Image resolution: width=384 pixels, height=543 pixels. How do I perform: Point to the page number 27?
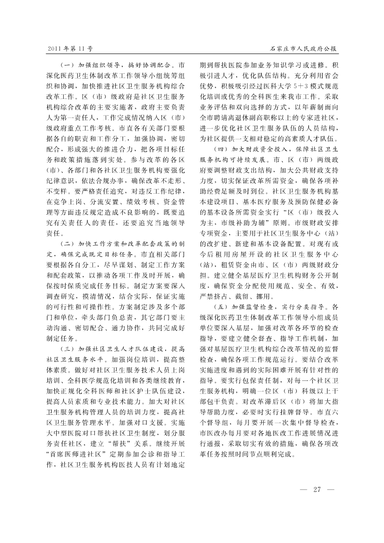(318, 489)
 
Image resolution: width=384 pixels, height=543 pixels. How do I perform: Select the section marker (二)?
(68, 244)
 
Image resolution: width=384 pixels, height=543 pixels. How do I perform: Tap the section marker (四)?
(221, 150)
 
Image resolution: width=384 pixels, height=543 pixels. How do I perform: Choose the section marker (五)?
(221, 307)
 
